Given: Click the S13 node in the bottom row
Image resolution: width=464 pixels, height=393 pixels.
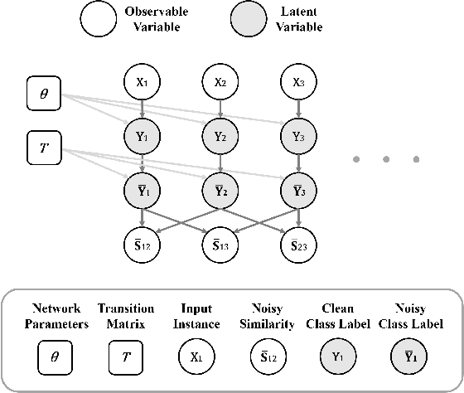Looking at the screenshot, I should tap(220, 245).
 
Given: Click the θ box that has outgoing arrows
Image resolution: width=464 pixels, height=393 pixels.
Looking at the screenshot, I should tap(45, 94).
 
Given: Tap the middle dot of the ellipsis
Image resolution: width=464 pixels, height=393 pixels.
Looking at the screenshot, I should tap(386, 158).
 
